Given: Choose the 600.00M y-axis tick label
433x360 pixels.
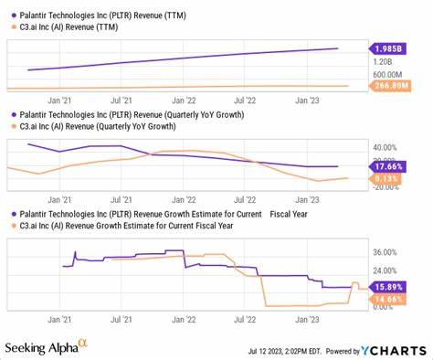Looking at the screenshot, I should point(389,75).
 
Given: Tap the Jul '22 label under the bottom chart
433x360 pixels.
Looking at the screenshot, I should point(246,320).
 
